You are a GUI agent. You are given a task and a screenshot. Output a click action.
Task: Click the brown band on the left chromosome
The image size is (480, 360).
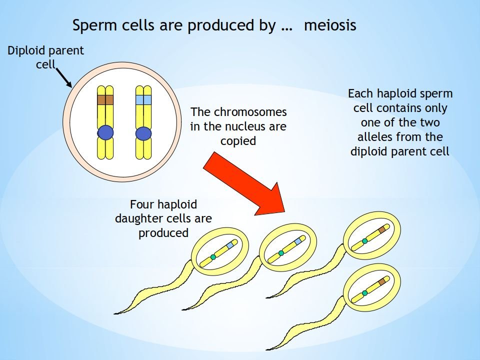(105, 99)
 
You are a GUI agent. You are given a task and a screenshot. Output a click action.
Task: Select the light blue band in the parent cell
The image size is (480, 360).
(143, 99)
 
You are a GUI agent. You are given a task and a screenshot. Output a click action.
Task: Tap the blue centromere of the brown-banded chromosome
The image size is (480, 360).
(105, 133)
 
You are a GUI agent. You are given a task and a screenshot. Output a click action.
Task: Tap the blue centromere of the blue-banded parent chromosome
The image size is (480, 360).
(143, 133)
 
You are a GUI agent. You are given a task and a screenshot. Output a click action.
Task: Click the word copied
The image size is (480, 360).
(238, 141)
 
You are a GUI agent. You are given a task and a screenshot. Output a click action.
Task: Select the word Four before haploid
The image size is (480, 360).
(142, 204)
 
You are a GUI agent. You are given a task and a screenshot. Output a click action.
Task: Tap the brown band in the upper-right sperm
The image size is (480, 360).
(382, 229)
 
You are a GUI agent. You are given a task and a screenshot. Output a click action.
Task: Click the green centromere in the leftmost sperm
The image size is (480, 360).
(213, 257)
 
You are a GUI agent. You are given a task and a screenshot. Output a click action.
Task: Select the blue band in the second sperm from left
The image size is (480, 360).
(297, 241)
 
